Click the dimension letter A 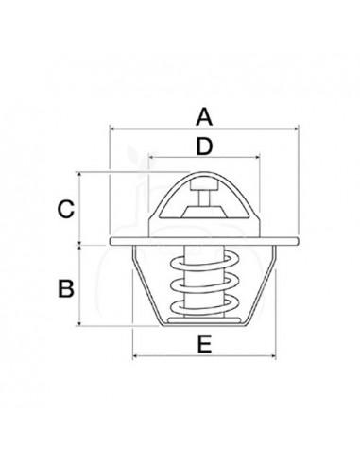click(203, 117)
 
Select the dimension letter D click(203, 146)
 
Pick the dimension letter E click(203, 346)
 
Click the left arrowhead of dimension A click(113, 129)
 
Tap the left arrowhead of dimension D click(151, 158)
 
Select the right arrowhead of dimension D click(257, 158)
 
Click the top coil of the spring click(203, 260)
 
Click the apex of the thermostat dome click(203, 172)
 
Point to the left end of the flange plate click(112, 242)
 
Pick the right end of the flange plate click(294, 242)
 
